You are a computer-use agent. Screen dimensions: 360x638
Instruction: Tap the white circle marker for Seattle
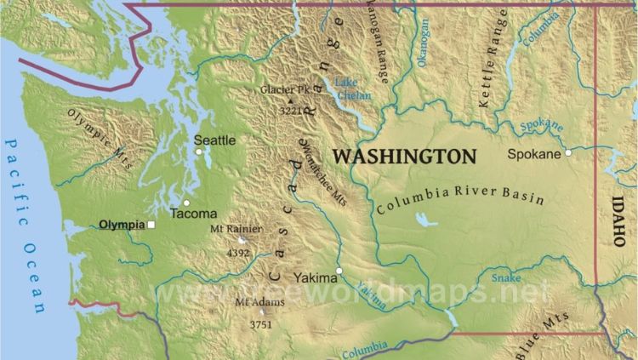[199, 151]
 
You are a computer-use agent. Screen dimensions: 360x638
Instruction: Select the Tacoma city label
[193, 214]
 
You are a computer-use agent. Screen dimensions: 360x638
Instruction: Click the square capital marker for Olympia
[151, 225]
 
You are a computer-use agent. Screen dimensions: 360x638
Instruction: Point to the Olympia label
[122, 225]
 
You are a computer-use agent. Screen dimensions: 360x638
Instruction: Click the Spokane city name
[533, 154]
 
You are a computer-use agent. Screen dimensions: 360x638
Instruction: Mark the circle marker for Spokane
[568, 153]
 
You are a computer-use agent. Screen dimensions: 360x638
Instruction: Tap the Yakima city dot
[339, 271]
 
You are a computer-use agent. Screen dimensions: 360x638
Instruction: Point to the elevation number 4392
[238, 253]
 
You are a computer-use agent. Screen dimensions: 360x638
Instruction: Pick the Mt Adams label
[253, 302]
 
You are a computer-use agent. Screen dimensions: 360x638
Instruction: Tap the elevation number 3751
[260, 324]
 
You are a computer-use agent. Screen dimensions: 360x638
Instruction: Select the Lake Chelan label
[352, 89]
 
